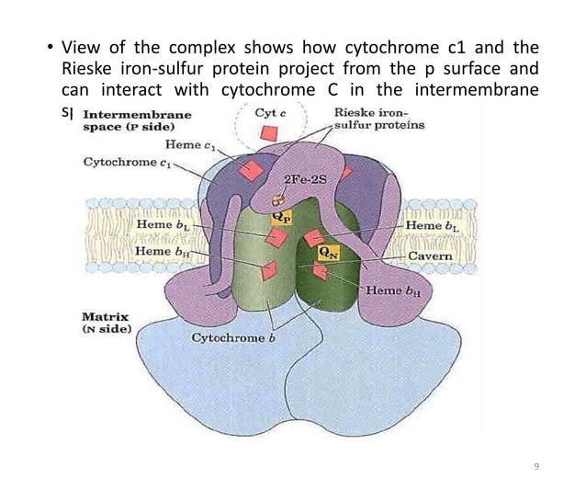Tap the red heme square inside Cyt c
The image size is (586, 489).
pyautogui.click(x=266, y=134)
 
